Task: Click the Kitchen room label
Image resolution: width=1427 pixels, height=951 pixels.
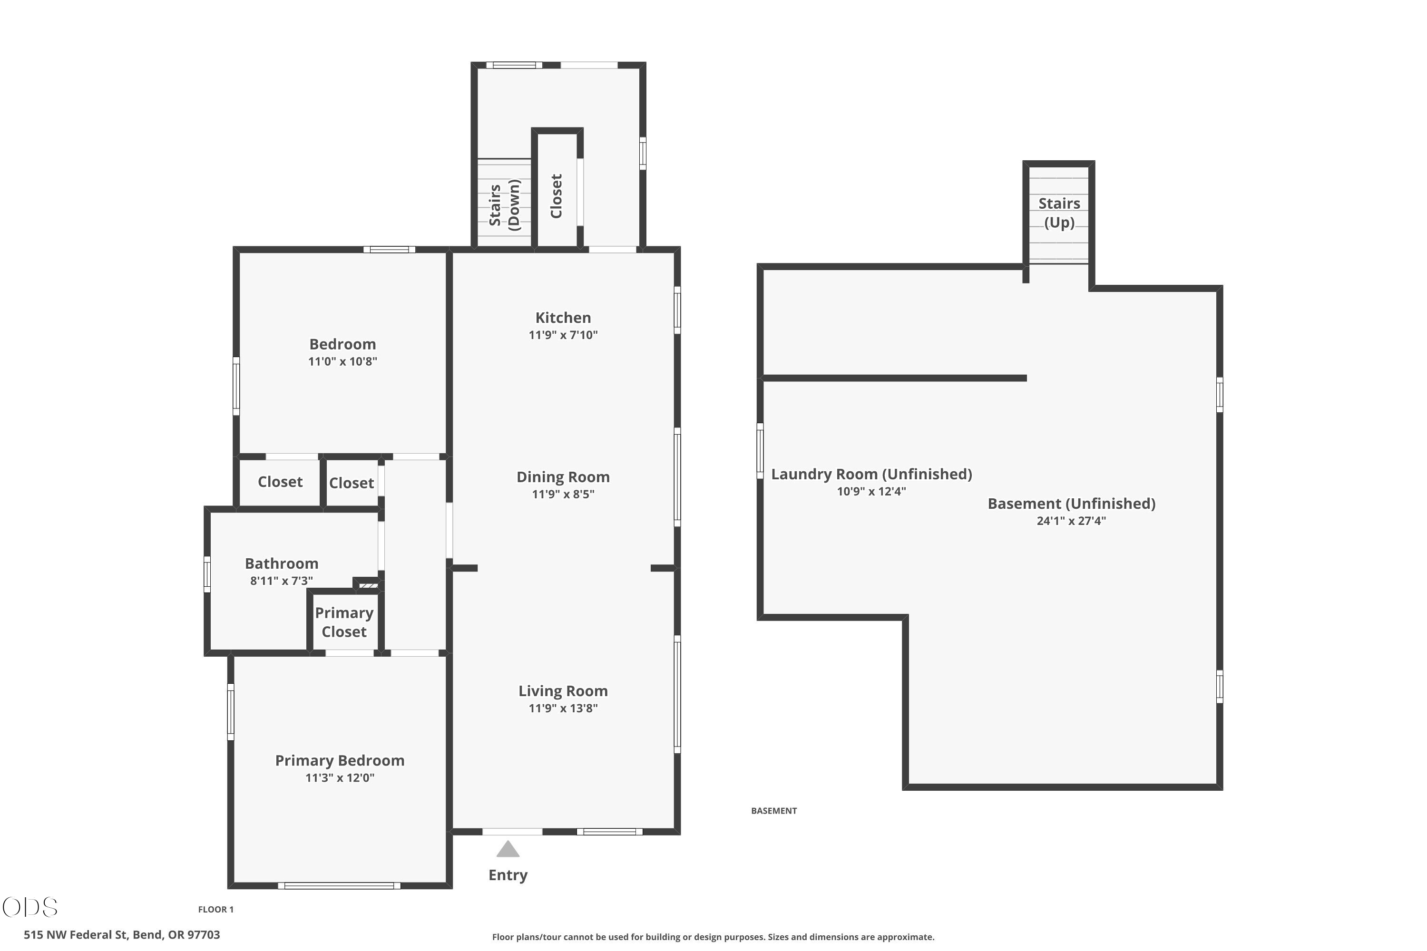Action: click(x=563, y=318)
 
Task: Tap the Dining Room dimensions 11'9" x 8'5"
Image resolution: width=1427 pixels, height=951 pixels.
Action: click(x=563, y=495)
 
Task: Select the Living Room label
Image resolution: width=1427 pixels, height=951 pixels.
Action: click(x=563, y=691)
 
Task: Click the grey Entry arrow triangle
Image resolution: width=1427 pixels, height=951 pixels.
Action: click(x=508, y=849)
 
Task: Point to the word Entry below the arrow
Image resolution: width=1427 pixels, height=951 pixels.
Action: click(x=508, y=875)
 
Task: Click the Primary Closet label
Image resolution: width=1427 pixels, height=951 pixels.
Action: click(x=344, y=622)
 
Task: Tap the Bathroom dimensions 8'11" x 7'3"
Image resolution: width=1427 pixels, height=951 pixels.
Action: click(x=282, y=581)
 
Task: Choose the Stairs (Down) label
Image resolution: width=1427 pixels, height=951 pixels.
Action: click(x=505, y=205)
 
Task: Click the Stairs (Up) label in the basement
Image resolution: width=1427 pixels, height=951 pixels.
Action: click(x=1059, y=213)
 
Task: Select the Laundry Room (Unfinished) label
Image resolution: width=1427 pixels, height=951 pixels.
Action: click(x=871, y=474)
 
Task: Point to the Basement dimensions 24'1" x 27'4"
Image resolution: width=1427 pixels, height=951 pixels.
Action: click(x=1072, y=521)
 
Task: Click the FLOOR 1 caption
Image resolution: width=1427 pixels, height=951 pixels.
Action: click(x=216, y=909)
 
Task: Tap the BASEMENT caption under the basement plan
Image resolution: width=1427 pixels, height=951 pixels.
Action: click(x=774, y=811)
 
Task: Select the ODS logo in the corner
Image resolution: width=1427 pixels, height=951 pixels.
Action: click(x=30, y=907)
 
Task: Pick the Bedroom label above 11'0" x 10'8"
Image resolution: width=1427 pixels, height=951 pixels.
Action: click(x=343, y=344)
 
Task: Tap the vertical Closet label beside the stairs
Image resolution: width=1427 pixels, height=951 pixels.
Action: click(x=557, y=196)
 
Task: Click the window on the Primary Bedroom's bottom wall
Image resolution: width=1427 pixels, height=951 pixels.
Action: click(x=339, y=886)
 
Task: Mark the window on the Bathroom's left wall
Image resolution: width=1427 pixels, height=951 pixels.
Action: click(x=207, y=574)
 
